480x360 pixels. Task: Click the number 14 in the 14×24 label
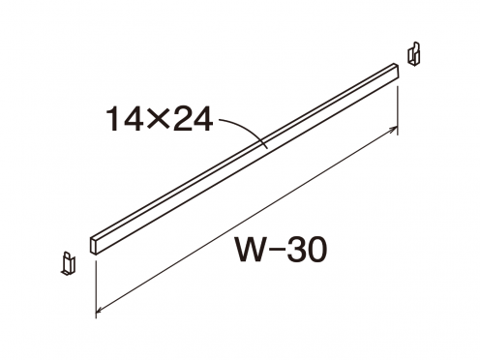point(124,119)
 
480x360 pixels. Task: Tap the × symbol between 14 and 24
point(157,120)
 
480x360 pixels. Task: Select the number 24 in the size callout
point(191,119)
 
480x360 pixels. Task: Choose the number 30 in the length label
point(307,250)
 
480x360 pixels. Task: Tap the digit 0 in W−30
point(317,250)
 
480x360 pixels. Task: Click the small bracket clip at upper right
point(413,53)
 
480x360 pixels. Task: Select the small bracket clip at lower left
point(68,263)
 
